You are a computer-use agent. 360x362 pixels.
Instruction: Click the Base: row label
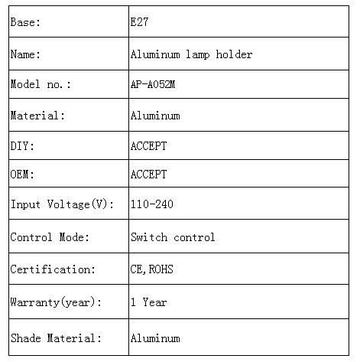(25, 22)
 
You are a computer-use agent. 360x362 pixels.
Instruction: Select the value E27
(139, 22)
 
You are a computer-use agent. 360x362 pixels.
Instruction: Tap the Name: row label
(25, 54)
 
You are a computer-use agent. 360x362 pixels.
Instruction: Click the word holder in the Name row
(234, 54)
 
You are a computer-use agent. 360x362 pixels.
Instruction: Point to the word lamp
(198, 55)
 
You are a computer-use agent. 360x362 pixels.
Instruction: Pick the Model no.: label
(41, 84)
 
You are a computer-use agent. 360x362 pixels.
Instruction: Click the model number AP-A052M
(153, 84)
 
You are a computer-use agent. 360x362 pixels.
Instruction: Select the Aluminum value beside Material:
(155, 116)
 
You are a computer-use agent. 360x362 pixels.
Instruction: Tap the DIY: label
(22, 146)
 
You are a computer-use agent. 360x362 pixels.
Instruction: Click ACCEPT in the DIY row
(148, 146)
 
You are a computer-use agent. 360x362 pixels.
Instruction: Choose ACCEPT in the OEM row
(148, 174)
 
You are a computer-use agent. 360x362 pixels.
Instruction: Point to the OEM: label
(22, 174)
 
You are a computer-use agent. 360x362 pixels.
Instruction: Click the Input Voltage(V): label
(62, 204)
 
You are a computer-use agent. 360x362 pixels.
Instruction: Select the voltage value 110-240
(152, 204)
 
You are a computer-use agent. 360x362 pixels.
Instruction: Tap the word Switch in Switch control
(149, 237)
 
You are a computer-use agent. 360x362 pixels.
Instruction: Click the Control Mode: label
(50, 237)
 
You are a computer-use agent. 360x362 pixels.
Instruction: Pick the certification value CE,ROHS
(152, 269)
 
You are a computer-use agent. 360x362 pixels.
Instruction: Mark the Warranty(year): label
(56, 302)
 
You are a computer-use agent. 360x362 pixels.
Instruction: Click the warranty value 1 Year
(149, 302)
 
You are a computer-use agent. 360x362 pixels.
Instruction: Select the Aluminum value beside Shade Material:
(155, 338)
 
